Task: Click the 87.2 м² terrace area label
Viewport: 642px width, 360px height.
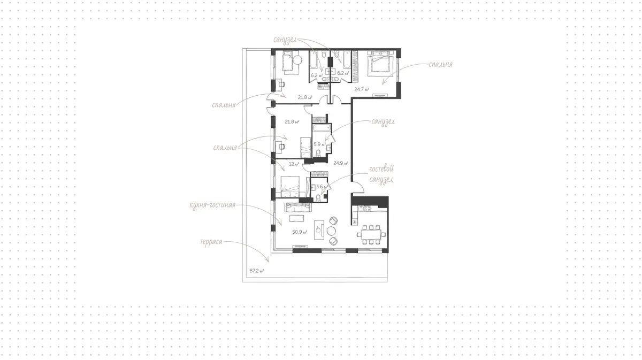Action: pyautogui.click(x=257, y=271)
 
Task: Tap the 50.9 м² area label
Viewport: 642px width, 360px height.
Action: pyautogui.click(x=300, y=232)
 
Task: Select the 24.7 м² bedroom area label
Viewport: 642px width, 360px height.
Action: pyautogui.click(x=362, y=89)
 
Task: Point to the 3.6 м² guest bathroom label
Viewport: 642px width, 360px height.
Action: pyautogui.click(x=322, y=187)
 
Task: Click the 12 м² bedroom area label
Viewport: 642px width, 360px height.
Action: pyautogui.click(x=294, y=164)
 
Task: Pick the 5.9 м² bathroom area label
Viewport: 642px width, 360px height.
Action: pyautogui.click(x=319, y=144)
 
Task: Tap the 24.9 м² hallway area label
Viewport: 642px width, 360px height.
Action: pyautogui.click(x=341, y=163)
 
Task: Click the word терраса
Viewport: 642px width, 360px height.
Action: pyautogui.click(x=211, y=242)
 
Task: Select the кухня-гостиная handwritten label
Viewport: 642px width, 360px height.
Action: pyautogui.click(x=213, y=205)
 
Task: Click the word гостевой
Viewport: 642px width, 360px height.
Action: pyautogui.click(x=381, y=169)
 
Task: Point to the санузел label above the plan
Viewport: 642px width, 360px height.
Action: pyautogui.click(x=285, y=40)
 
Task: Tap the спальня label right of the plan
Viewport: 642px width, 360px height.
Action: pyautogui.click(x=440, y=65)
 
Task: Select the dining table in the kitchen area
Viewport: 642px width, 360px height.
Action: pyautogui.click(x=371, y=235)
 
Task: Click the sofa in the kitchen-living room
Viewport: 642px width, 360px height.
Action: pyautogui.click(x=298, y=207)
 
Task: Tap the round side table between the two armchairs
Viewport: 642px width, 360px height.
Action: pyautogui.click(x=331, y=231)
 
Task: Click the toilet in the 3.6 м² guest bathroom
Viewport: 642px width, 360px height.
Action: pyautogui.click(x=318, y=197)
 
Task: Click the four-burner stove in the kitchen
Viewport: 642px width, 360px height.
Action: pyautogui.click(x=367, y=209)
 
